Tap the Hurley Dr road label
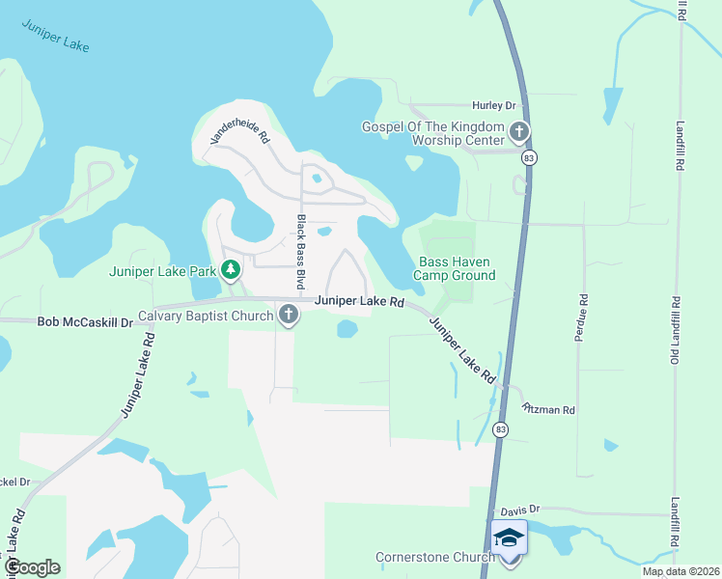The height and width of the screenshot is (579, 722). click(x=494, y=104)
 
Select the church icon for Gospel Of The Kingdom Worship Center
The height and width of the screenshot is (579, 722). click(x=519, y=131)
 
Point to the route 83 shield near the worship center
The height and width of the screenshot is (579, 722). click(x=527, y=157)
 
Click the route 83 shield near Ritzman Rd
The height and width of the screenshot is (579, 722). click(x=498, y=427)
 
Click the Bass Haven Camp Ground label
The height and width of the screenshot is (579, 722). click(x=456, y=268)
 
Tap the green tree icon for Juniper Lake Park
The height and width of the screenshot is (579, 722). click(x=231, y=269)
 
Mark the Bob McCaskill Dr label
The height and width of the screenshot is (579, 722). click(x=85, y=321)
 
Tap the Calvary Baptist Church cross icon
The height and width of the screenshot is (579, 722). click(x=288, y=315)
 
